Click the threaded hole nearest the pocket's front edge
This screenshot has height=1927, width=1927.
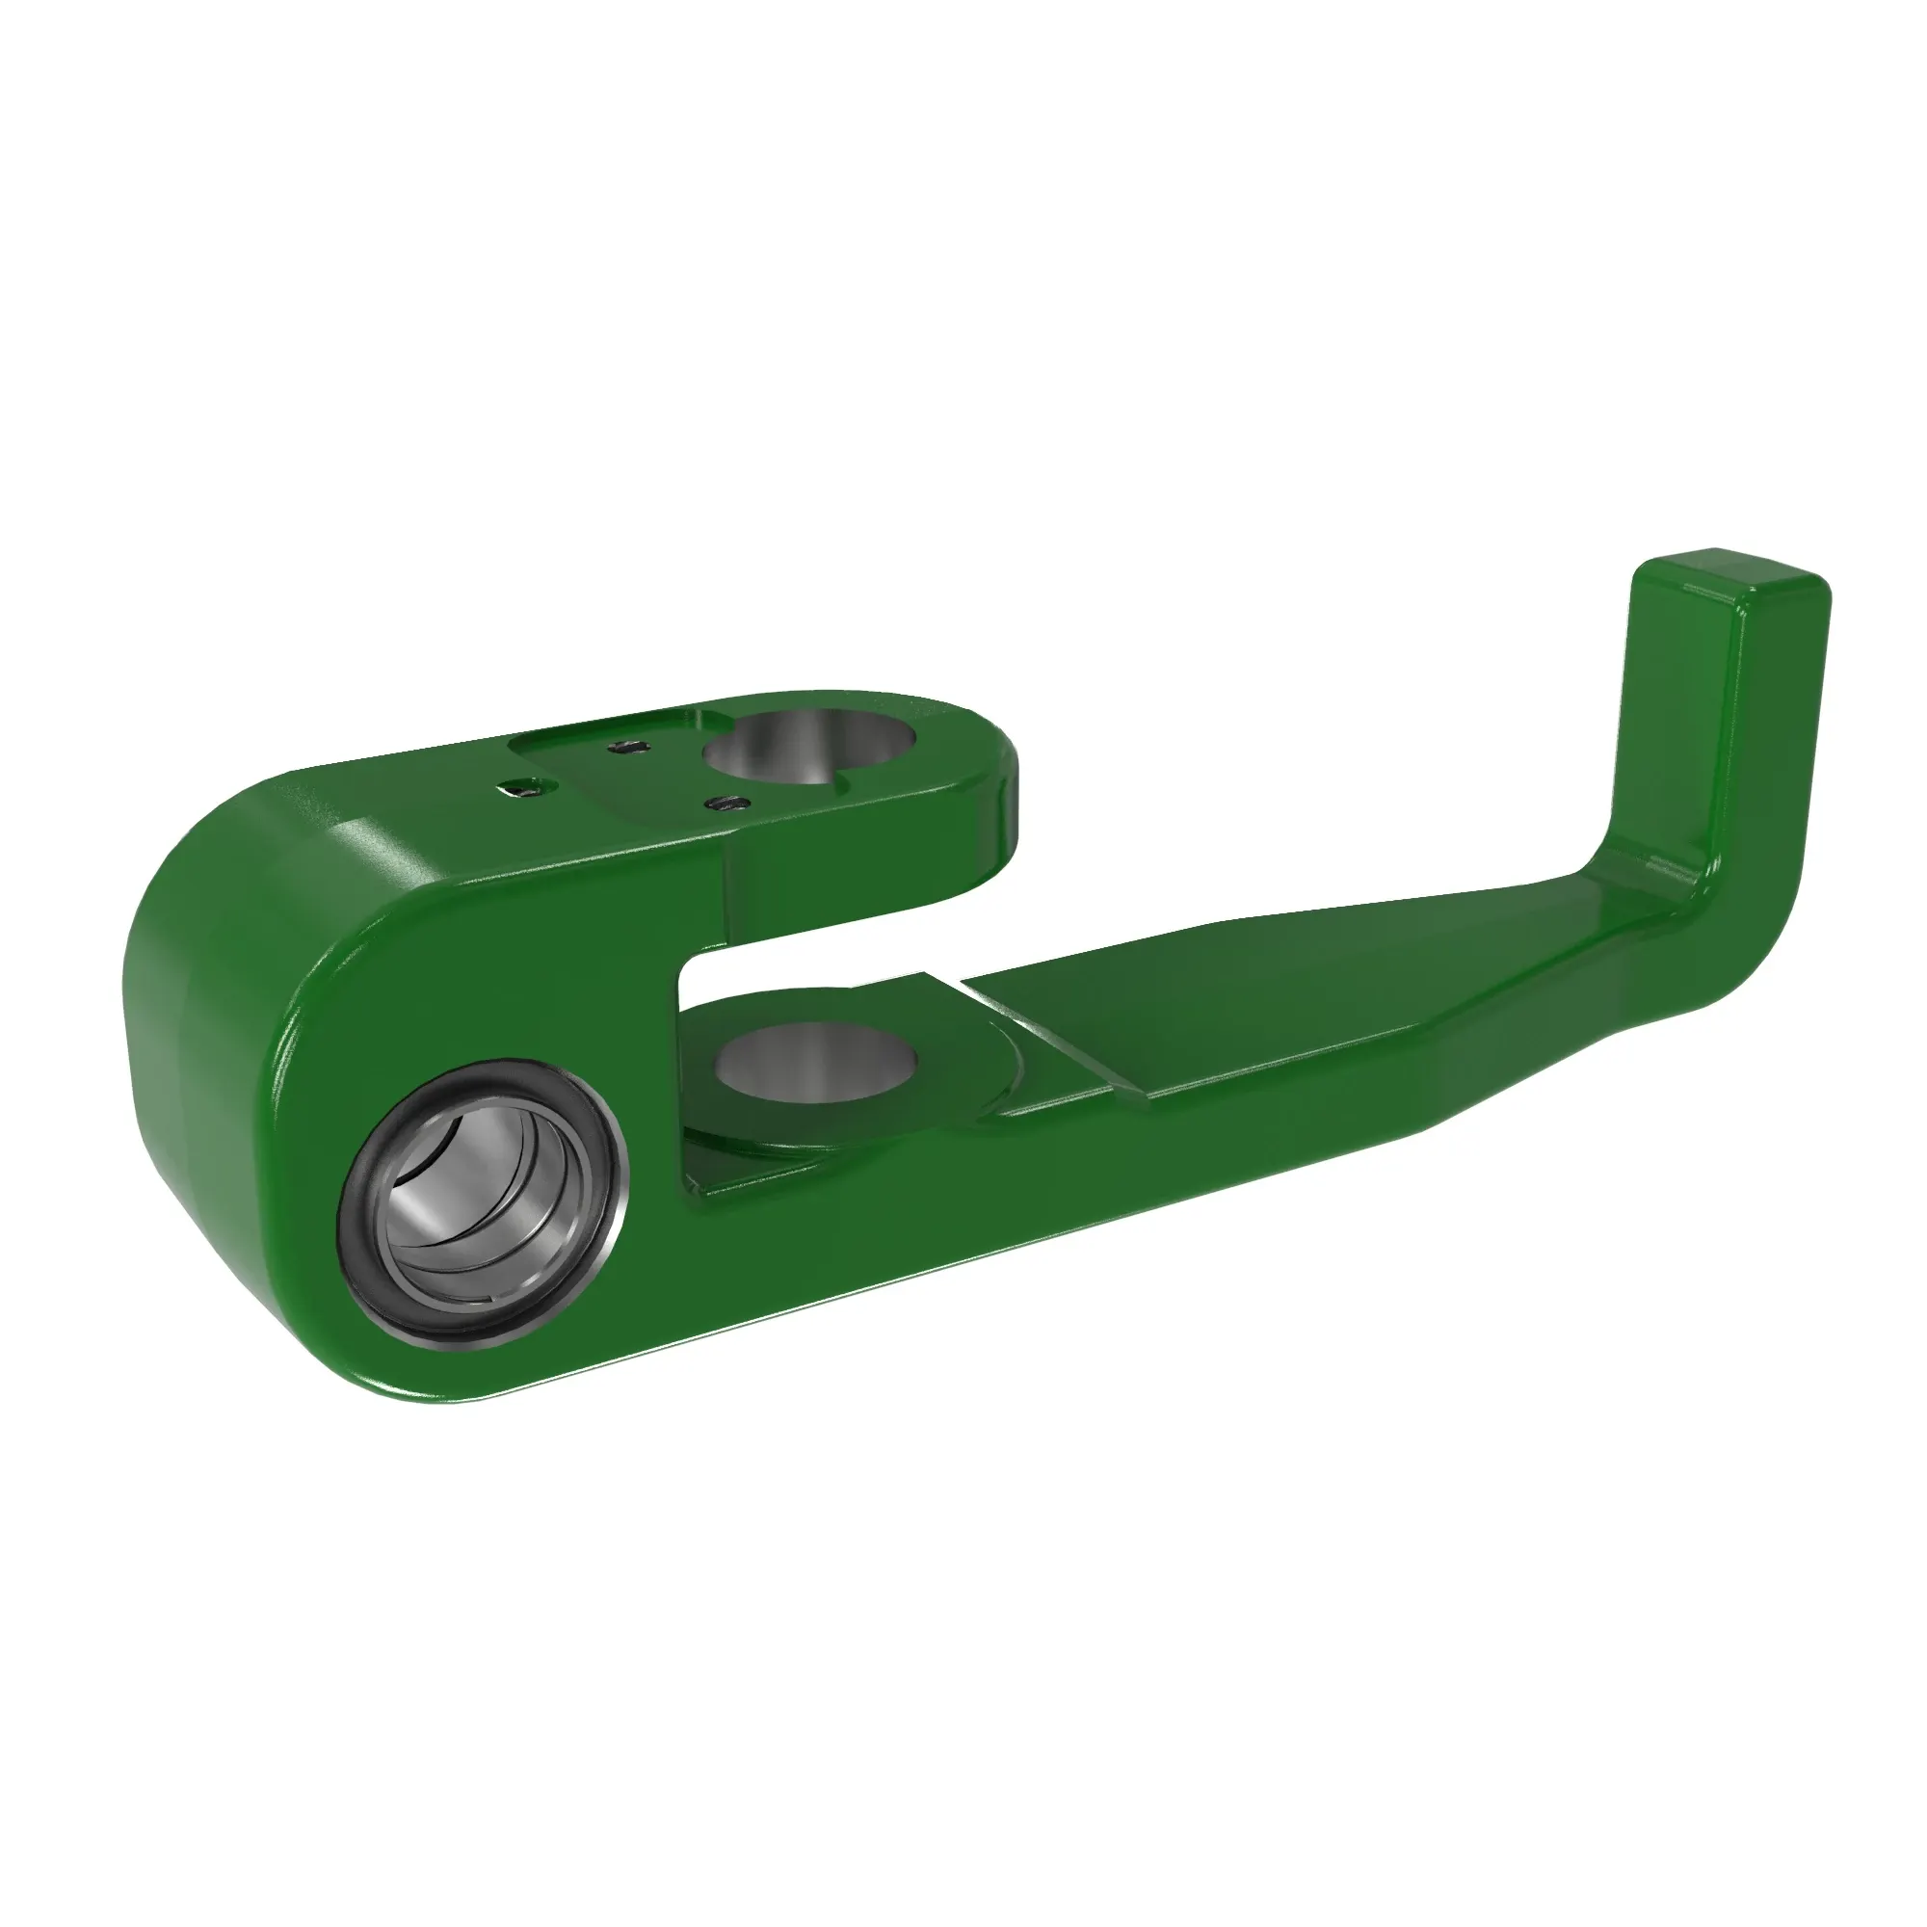click(x=726, y=802)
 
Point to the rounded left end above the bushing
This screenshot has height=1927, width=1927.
click(x=229, y=898)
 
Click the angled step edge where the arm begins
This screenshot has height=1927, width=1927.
click(x=1057, y=1043)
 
